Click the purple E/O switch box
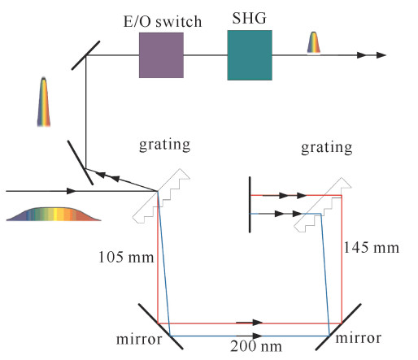(161, 55)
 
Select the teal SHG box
(250, 55)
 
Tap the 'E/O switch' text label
(163, 21)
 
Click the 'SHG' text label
(250, 18)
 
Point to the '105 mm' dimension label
(126, 257)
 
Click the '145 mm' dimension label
(372, 248)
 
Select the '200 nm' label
(256, 346)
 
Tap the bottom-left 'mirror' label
(139, 339)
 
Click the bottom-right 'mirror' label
(359, 338)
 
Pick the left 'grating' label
(164, 145)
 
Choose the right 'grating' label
(327, 148)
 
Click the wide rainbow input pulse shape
(54, 215)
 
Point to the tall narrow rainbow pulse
(44, 102)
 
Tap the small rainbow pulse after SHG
(314, 43)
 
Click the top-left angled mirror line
(85, 55)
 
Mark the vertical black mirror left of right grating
(250, 205)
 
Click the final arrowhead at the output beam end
(381, 55)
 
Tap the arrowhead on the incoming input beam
(72, 191)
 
